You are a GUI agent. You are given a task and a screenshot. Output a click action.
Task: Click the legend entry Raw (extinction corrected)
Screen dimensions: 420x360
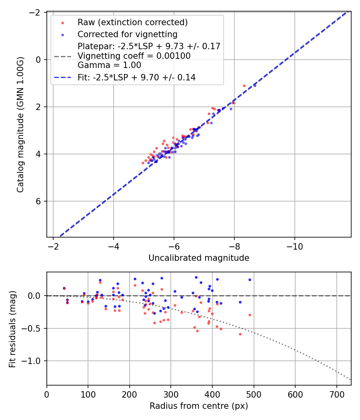click(132, 22)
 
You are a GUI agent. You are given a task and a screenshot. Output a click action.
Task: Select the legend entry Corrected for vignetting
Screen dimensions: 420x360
click(128, 34)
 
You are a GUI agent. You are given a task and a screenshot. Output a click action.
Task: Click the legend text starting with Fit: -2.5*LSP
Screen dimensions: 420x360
click(136, 78)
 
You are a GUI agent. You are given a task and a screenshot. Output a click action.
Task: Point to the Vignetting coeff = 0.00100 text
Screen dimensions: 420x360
click(134, 56)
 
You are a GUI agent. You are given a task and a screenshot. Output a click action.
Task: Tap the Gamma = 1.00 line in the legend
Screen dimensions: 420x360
click(109, 65)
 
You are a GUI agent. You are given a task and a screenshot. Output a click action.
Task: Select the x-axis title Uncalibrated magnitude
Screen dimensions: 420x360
click(199, 258)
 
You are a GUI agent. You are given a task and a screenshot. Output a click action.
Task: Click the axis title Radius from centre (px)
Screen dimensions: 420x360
click(199, 406)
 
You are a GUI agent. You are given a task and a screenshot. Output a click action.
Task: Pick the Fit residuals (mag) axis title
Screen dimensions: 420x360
click(12, 329)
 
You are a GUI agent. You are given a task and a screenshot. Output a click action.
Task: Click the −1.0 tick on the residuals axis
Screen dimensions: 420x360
click(34, 361)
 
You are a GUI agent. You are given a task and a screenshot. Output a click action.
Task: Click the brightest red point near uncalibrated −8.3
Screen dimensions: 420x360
click(244, 86)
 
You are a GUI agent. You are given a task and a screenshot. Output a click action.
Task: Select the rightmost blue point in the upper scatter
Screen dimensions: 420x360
click(255, 85)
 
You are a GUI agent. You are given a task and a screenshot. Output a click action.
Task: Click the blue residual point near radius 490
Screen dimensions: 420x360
click(250, 280)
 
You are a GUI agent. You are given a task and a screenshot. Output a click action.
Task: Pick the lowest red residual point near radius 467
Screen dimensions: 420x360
click(240, 334)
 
